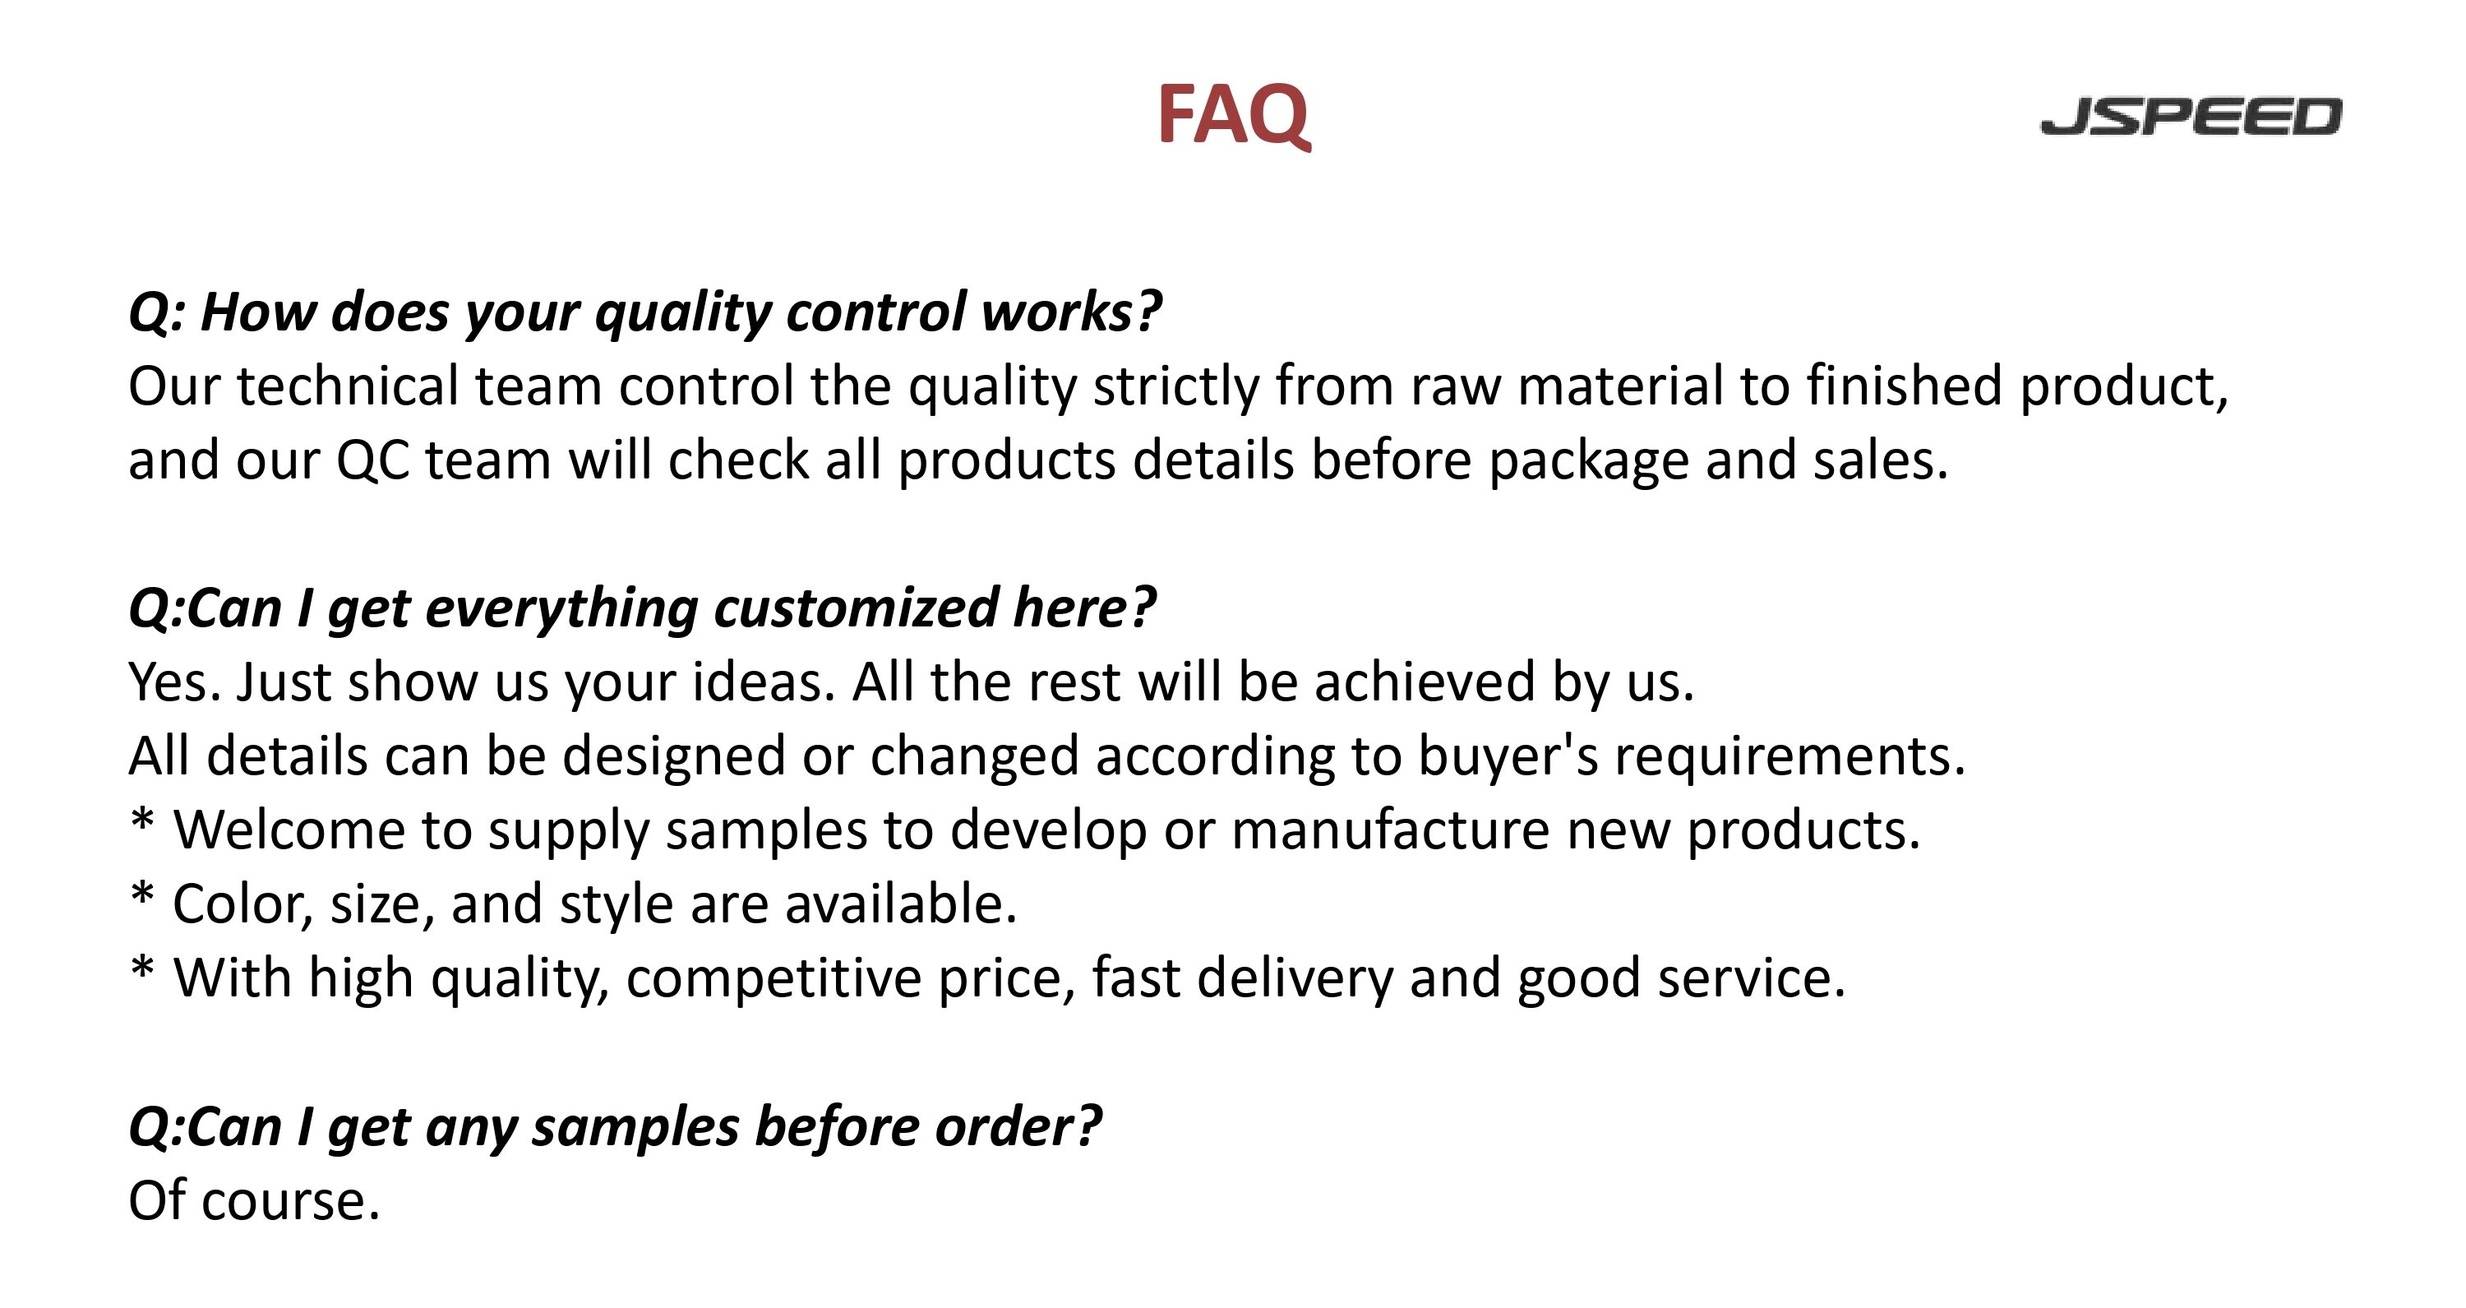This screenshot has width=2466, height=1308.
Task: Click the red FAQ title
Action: tap(1233, 115)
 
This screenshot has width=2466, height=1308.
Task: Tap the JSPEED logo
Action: tap(2191, 116)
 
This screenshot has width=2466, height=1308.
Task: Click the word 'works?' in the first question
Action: tap(1071, 312)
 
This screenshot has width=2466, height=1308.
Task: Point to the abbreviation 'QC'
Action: tap(373, 460)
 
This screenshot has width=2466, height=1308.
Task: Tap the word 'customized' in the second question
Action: tap(856, 608)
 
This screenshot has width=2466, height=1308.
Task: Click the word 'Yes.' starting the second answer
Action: tap(174, 682)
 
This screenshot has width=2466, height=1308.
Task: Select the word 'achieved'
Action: tap(1425, 682)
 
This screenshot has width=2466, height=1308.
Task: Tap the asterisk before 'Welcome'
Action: tap(141, 820)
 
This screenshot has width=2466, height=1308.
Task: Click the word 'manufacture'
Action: tap(1390, 830)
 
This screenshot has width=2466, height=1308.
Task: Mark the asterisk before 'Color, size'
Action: tap(141, 894)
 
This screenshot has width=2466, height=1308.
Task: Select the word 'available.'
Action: tap(901, 904)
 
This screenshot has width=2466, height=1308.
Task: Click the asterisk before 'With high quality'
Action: tap(141, 969)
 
